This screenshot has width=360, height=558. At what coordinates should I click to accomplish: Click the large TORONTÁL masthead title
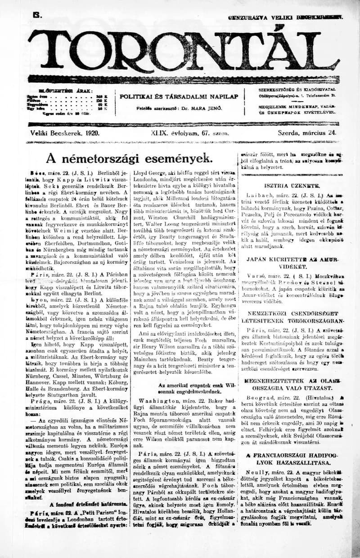[x=180, y=49]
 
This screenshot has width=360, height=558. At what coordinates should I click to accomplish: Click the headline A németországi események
[x=129, y=158]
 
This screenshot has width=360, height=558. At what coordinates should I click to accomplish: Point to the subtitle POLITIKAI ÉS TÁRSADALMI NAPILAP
[x=179, y=97]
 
